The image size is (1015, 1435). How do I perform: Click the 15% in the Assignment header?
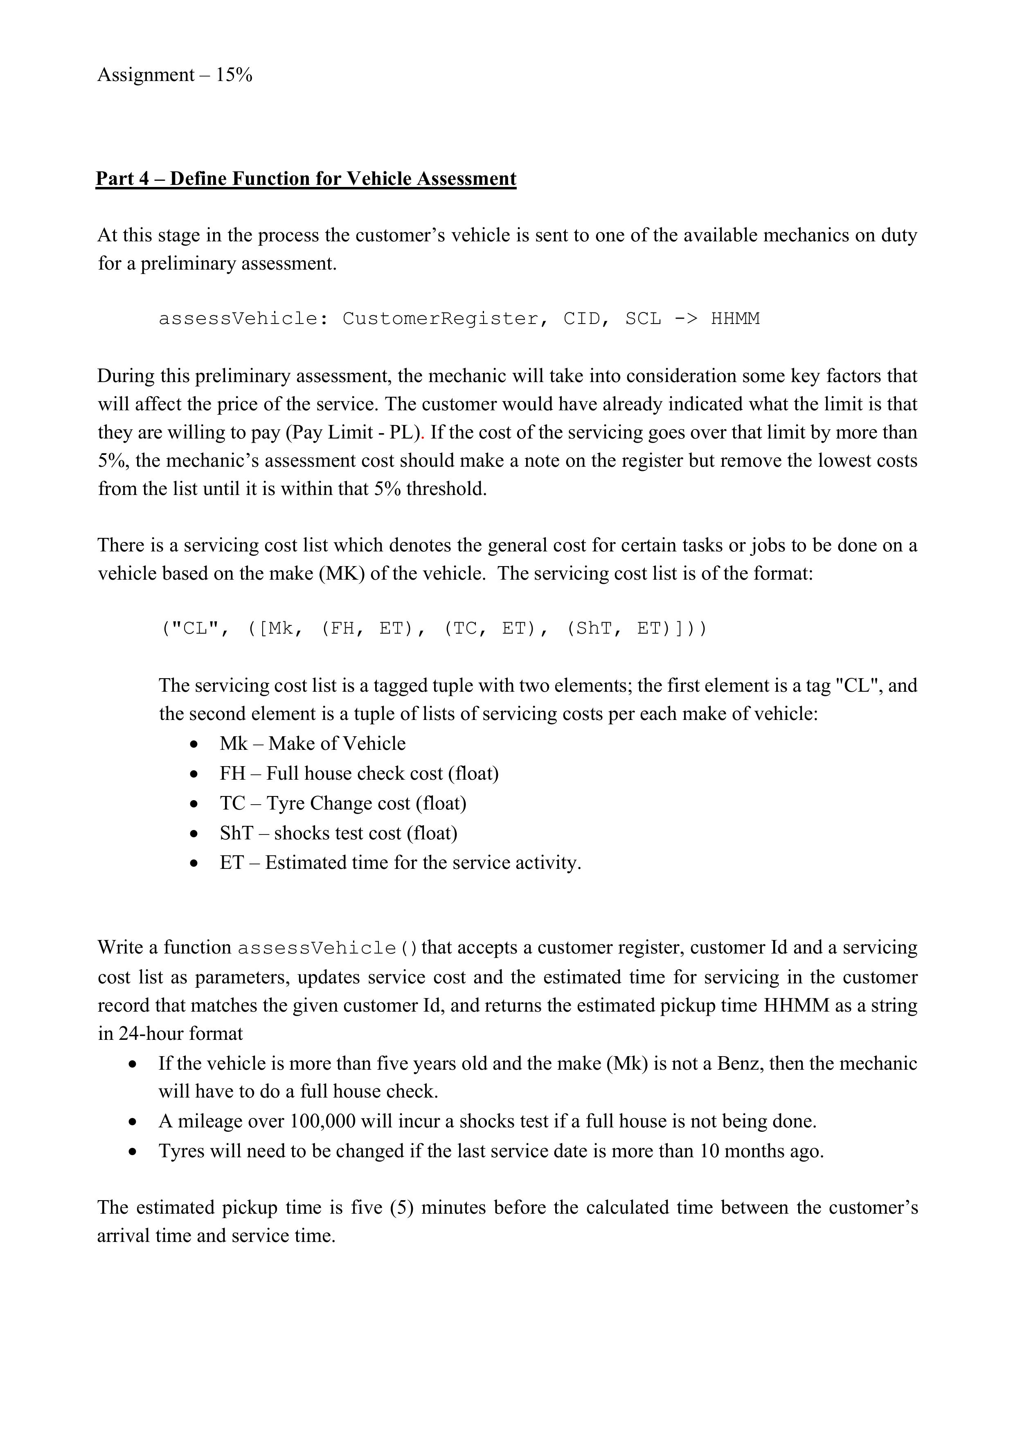[x=234, y=76]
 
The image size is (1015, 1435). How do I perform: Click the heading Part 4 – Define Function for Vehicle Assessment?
[x=306, y=179]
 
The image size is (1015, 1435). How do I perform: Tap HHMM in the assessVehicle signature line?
[x=735, y=319]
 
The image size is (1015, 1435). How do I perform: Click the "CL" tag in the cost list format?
[x=194, y=628]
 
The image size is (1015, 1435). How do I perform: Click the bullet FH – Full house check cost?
[x=359, y=774]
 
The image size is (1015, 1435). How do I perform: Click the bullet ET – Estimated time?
[x=400, y=863]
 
